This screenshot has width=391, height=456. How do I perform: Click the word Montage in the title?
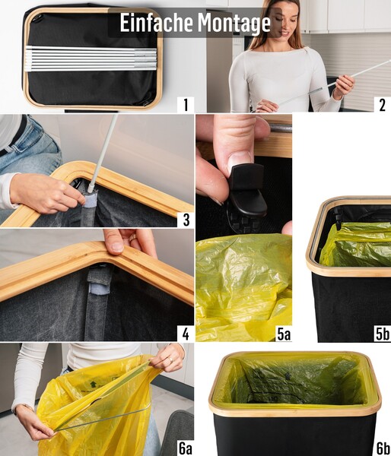pyautogui.click(x=234, y=24)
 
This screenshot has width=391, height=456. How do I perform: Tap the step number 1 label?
pyautogui.click(x=183, y=104)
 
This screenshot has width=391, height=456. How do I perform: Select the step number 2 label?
pyautogui.click(x=381, y=104)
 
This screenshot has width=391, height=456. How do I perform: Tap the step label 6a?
pyautogui.click(x=183, y=448)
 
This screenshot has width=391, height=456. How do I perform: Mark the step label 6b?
pyautogui.click(x=380, y=448)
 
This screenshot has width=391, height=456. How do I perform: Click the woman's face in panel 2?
pyautogui.click(x=276, y=19)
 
